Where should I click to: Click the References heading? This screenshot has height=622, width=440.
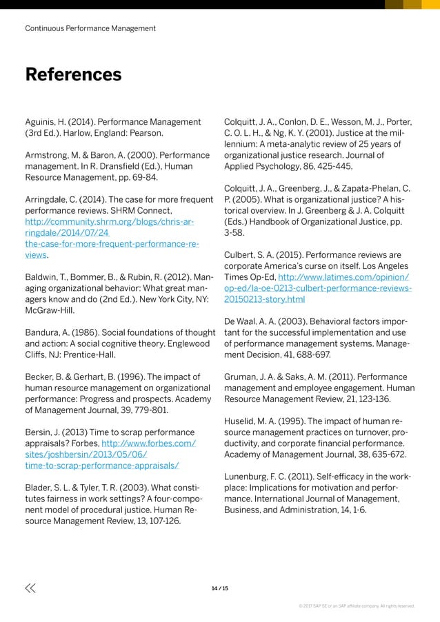(x=73, y=74)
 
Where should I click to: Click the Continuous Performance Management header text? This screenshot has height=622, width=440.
(x=90, y=28)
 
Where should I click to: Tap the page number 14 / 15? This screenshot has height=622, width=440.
(x=220, y=588)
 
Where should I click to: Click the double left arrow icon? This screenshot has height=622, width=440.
(x=30, y=588)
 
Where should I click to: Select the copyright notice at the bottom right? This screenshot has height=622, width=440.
(x=356, y=606)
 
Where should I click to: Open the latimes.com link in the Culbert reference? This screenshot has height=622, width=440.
(x=319, y=288)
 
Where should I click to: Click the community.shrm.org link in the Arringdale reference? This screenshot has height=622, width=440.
(x=110, y=222)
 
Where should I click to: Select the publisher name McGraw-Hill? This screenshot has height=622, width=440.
(x=51, y=310)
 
